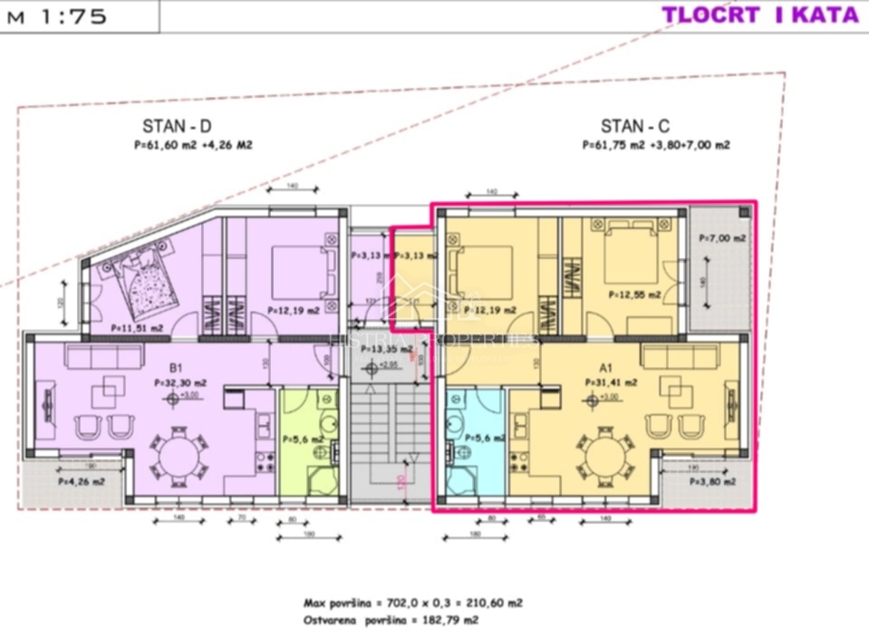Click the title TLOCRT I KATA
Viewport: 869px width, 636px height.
[759, 14]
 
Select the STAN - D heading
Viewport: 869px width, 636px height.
[177, 127]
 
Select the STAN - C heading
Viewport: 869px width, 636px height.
[635, 127]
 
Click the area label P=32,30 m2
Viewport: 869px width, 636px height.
[181, 383]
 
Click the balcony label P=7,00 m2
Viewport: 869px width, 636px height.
[722, 237]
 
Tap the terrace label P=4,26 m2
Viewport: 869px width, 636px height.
[82, 482]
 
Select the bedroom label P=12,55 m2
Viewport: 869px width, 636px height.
[632, 294]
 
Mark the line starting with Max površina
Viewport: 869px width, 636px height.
[412, 602]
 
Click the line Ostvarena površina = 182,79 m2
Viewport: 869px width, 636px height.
[391, 621]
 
